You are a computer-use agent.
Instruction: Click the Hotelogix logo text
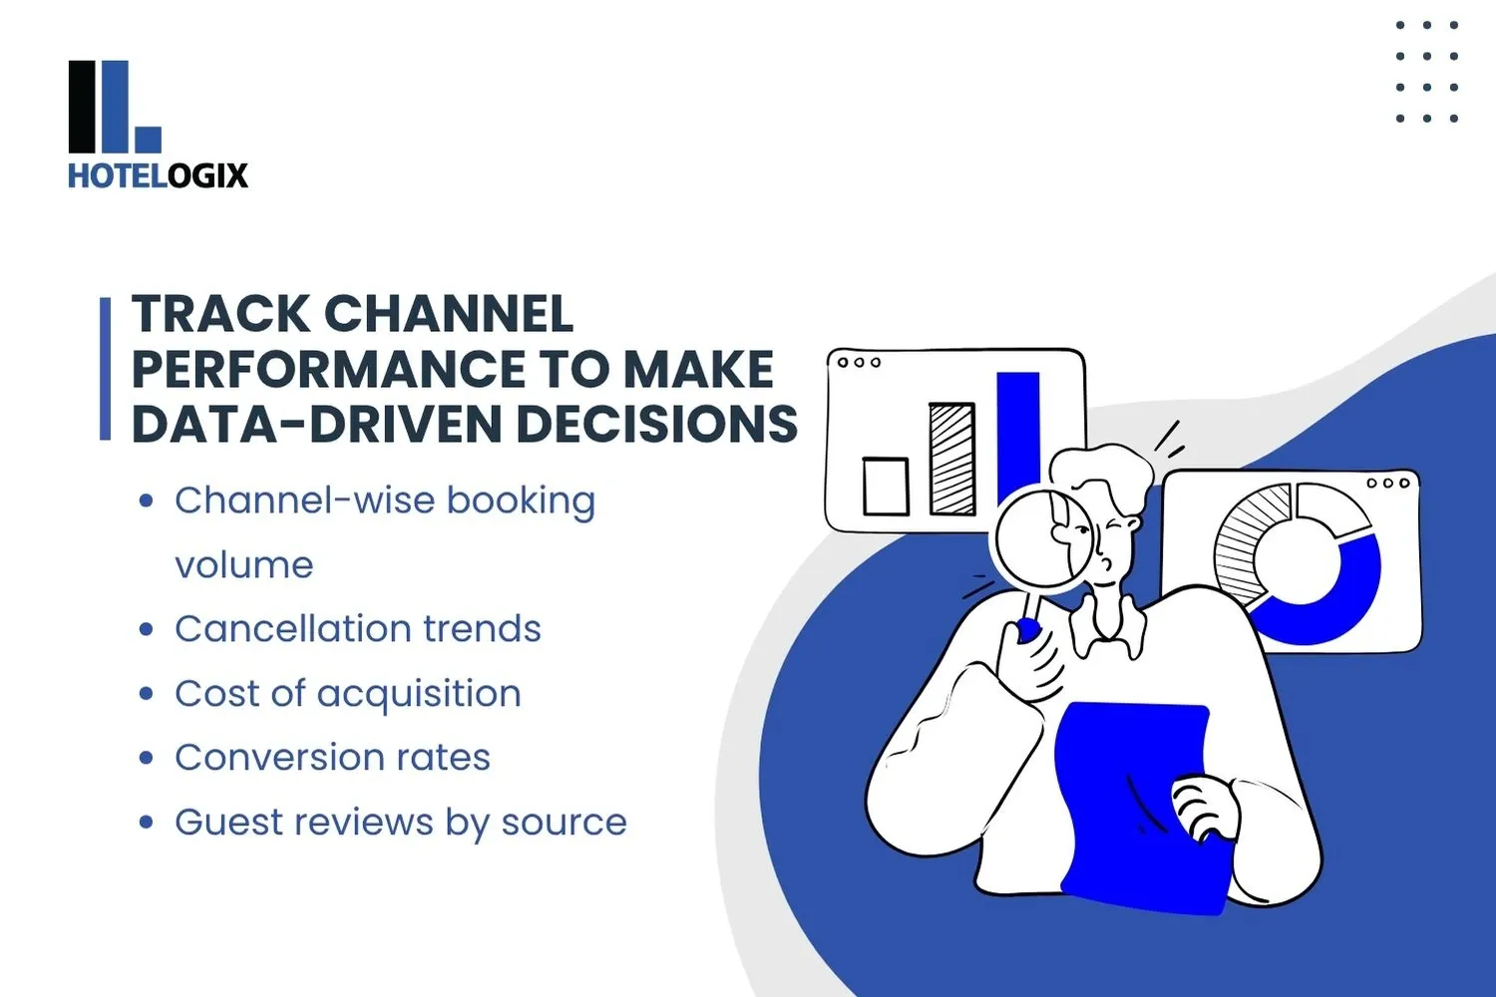point(158,175)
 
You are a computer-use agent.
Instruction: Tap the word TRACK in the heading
point(221,314)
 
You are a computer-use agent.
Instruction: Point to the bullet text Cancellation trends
point(357,629)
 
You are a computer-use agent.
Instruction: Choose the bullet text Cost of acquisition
point(347,694)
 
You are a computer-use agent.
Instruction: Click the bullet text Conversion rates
point(332,758)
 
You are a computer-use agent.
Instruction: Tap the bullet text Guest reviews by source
point(400,823)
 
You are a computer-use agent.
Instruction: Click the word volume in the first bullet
point(243,565)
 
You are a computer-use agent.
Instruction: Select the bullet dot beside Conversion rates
point(147,758)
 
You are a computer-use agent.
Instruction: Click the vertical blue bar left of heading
point(105,369)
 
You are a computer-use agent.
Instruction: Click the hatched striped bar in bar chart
point(951,459)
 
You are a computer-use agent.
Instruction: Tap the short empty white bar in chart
point(885,486)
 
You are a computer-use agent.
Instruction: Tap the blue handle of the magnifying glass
point(1027,628)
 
